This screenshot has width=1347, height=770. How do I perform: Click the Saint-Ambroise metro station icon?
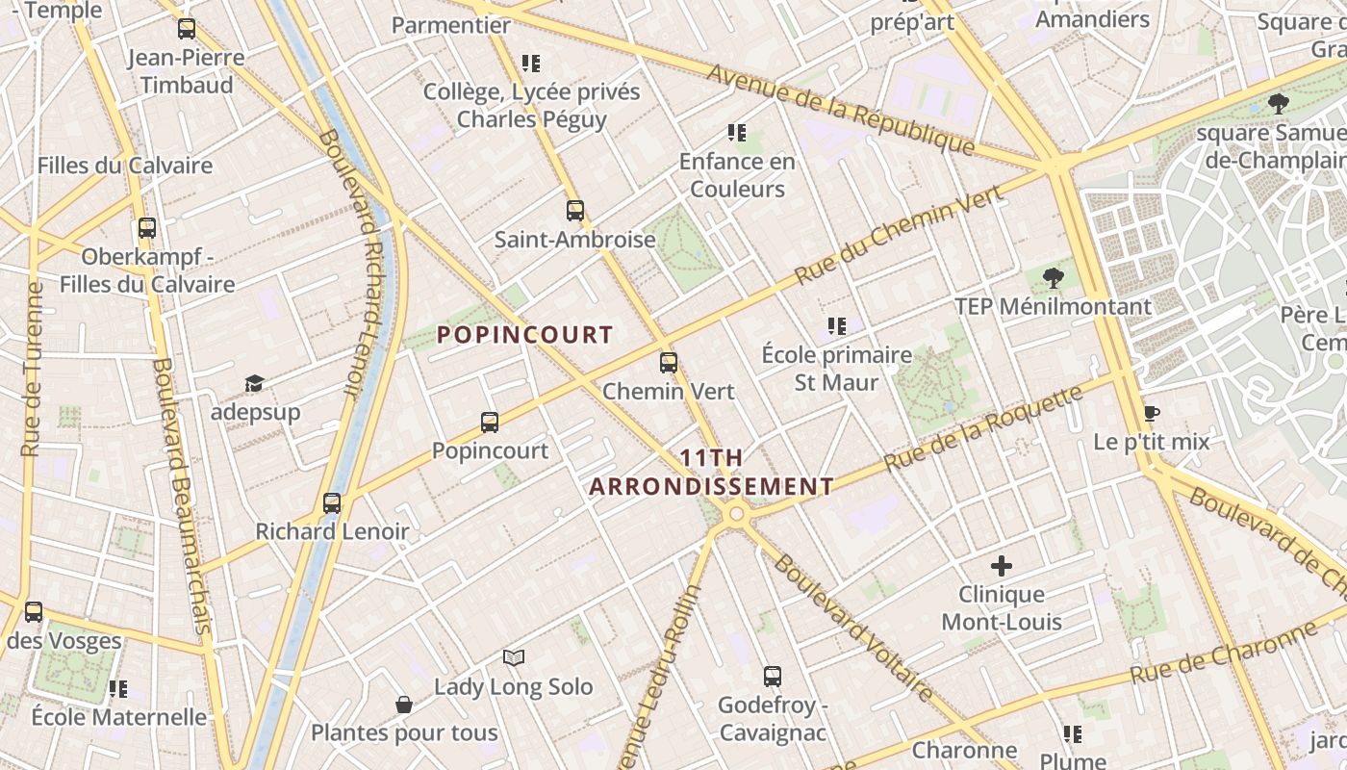click(575, 210)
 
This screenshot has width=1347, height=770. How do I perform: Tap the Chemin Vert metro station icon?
click(669, 363)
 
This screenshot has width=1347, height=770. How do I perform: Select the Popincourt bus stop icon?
click(490, 422)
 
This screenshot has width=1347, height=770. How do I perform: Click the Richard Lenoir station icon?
click(332, 502)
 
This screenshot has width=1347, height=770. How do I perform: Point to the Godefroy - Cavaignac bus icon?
click(772, 676)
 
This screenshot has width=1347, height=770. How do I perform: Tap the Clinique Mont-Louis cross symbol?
click(1002, 565)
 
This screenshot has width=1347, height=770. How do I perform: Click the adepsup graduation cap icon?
click(254, 384)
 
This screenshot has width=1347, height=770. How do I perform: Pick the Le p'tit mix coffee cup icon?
click(1151, 414)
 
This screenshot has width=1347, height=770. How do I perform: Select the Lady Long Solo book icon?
click(514, 658)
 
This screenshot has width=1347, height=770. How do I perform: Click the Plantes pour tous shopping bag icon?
click(404, 705)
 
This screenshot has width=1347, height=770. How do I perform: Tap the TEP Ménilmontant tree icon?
click(1054, 278)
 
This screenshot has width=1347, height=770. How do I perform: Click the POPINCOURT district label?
click(525, 335)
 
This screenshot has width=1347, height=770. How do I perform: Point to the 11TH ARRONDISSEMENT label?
click(711, 473)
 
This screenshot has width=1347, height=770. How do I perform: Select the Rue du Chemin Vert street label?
click(899, 235)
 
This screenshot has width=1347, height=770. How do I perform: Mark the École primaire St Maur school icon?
click(837, 326)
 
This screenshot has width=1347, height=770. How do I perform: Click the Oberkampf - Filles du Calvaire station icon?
click(147, 228)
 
